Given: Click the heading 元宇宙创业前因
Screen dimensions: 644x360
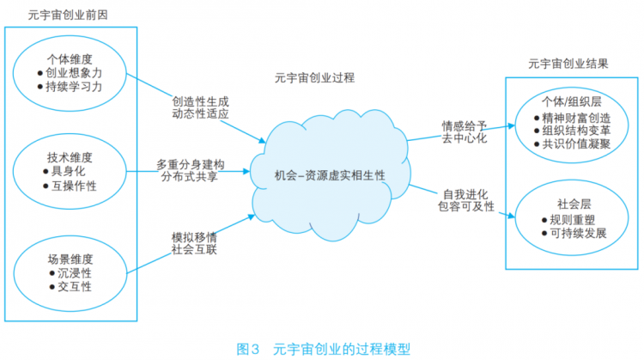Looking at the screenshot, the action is pyautogui.click(x=68, y=15).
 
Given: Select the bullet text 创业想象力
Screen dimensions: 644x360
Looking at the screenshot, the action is pyautogui.click(x=74, y=73).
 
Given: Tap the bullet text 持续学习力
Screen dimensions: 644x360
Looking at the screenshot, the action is pyautogui.click(x=74, y=87).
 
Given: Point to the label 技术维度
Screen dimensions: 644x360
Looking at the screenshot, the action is pyautogui.click(x=70, y=157).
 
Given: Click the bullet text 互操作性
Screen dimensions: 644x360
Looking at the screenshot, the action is pyautogui.click(x=74, y=186).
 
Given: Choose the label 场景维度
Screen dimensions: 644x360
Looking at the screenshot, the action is pyautogui.click(x=70, y=259).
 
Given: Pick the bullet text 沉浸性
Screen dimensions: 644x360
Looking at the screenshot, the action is pyautogui.click(x=75, y=273).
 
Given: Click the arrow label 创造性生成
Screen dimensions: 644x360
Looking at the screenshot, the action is pyautogui.click(x=200, y=101).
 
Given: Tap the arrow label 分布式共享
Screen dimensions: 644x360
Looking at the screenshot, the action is pyautogui.click(x=190, y=177).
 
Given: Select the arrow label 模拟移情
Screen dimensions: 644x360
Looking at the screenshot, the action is pyautogui.click(x=194, y=237).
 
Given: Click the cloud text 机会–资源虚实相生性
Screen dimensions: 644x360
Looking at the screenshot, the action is pyautogui.click(x=330, y=175).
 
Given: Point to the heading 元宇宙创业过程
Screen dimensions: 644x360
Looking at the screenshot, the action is pyautogui.click(x=314, y=77).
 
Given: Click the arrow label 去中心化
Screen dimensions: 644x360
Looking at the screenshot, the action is pyautogui.click(x=465, y=138).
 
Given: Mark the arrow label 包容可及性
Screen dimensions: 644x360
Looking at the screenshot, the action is pyautogui.click(x=466, y=206).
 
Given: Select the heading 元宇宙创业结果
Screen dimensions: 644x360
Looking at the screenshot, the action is pyautogui.click(x=568, y=64).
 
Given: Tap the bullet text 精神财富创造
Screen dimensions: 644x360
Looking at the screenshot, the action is pyautogui.click(x=576, y=118).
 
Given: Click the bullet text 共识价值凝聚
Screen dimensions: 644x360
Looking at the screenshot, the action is pyautogui.click(x=576, y=143).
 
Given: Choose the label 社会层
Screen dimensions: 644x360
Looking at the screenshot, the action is pyautogui.click(x=574, y=204).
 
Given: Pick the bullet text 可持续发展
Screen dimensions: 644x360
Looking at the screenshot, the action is pyautogui.click(x=578, y=233).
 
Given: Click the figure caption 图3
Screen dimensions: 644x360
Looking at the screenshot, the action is pyautogui.click(x=247, y=350).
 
